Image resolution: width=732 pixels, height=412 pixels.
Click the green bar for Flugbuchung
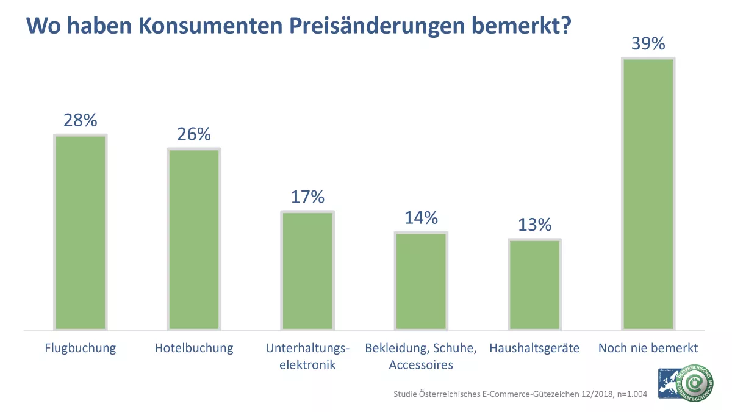81,232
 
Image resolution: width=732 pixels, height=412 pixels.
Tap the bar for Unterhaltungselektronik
307,270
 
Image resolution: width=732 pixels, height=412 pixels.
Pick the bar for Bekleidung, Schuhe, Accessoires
420,281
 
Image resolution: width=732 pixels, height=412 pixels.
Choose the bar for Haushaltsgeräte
534,284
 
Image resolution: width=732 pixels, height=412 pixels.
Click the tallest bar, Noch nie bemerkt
647,194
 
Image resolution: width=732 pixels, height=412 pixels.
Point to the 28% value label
81,120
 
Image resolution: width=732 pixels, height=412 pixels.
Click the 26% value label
194,134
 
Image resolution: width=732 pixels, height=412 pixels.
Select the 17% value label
307,197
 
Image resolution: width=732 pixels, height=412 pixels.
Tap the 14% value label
421,218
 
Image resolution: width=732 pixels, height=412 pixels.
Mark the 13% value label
534,225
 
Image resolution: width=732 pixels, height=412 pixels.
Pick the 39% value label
648,44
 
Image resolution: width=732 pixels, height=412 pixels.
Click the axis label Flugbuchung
81,349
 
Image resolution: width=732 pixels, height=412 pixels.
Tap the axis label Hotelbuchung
194,349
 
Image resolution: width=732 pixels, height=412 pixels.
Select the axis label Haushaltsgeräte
534,349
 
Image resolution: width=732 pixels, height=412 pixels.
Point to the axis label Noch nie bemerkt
648,349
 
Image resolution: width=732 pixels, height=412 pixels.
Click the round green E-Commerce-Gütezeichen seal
695,384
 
